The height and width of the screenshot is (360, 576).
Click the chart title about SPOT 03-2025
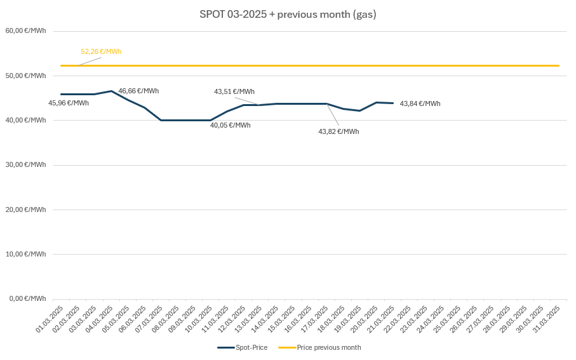click(288, 14)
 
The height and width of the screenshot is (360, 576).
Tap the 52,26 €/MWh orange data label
click(101, 51)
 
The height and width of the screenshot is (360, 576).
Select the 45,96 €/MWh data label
click(69, 103)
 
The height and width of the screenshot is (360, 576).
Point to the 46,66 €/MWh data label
click(138, 91)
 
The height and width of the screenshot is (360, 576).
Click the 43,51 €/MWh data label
click(234, 91)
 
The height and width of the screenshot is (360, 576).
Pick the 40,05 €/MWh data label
click(231, 125)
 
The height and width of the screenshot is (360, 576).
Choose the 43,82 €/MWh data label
click(338, 131)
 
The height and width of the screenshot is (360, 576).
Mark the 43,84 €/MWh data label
click(420, 103)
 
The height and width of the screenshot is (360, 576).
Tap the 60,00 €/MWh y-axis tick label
click(25, 30)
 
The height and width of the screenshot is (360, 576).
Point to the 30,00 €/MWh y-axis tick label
click(25, 164)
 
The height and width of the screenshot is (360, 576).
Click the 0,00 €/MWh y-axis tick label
click(27, 298)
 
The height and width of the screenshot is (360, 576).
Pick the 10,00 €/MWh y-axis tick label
click(25, 254)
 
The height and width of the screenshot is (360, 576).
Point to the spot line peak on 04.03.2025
click(111, 91)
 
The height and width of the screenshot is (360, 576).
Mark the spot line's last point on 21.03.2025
click(393, 103)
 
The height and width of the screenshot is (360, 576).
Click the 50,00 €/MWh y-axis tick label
click(25, 76)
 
